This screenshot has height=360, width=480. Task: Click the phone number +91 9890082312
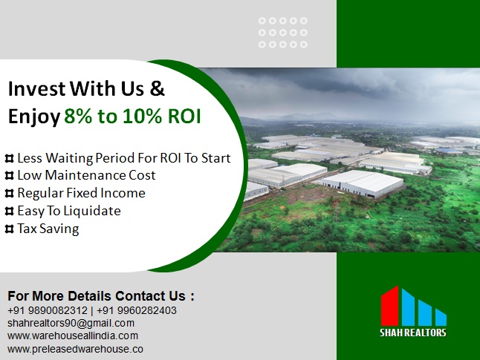coord(48,310)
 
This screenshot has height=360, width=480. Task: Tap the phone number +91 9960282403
coord(137,310)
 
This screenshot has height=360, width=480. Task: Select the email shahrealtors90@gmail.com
coord(71,323)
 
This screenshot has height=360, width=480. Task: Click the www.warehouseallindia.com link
coord(73,336)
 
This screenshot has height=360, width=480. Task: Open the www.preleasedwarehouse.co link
coord(75,349)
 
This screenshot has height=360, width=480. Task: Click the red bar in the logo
coord(389,306)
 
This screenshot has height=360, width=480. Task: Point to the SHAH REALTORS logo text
coord(413,333)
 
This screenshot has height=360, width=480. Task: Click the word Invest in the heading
coord(36,88)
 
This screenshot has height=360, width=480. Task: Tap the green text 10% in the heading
coord(142,117)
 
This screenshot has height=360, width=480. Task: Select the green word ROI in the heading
coord(184,117)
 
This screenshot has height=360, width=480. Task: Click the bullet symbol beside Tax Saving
coord(10,229)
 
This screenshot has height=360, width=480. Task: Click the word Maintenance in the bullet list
coord(85,175)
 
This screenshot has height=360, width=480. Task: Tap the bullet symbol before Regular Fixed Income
coord(10,193)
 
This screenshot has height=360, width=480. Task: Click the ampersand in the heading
coord(158,88)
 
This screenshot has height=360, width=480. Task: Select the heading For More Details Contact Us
coord(101,296)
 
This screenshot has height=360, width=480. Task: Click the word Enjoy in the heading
coord(34,117)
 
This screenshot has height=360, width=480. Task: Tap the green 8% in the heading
coord(78,117)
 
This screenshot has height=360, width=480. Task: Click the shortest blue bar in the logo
coord(441,318)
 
